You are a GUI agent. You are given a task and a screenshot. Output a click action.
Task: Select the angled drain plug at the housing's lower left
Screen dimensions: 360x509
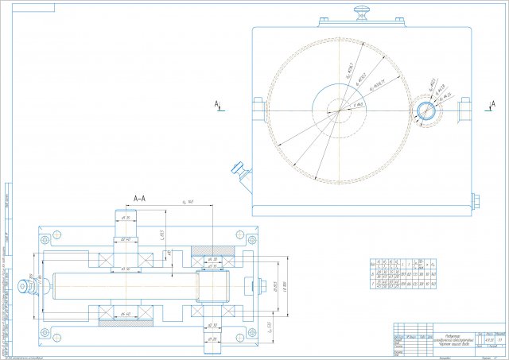point(238,168)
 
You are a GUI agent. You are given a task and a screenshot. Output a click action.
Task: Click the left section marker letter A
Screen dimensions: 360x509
point(216,104)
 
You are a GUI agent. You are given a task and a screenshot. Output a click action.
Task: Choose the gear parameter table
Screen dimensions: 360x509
point(406,279)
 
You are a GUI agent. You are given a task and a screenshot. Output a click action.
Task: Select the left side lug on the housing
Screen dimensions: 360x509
point(257,109)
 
